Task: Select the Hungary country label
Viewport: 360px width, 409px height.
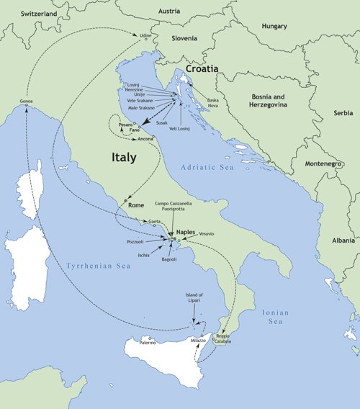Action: click(274, 26)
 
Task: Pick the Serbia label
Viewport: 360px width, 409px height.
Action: click(343, 113)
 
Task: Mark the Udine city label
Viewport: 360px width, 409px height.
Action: click(146, 35)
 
